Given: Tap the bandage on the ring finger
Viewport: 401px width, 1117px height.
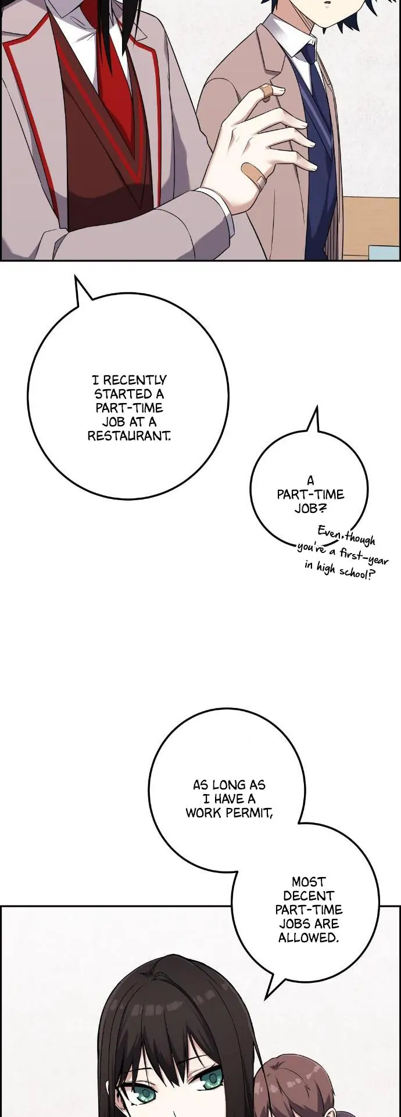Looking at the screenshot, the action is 253,175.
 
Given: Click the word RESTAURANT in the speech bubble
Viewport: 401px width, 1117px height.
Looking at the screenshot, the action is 129,436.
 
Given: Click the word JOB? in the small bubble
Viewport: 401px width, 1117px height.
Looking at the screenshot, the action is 310,508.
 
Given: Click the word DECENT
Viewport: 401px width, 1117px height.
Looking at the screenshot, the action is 309,896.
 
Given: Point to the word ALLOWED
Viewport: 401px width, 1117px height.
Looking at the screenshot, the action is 308,938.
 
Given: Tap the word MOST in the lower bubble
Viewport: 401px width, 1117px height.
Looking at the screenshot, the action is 309,882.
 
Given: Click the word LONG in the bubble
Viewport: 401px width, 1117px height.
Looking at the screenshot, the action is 228,785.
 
